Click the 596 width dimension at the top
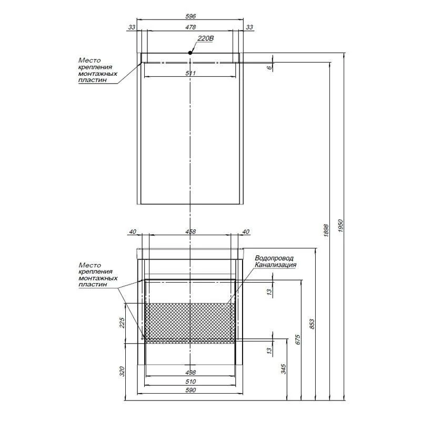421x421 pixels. click(191, 16)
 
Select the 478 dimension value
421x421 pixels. click(191, 27)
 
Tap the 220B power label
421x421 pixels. click(206, 38)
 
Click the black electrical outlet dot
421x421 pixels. click(190, 53)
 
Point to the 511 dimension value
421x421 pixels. click(191, 73)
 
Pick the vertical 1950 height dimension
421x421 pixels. click(340, 226)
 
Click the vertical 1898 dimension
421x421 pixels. click(326, 230)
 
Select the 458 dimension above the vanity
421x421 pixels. click(191, 232)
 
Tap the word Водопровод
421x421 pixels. click(274, 258)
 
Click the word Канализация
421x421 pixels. click(275, 265)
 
